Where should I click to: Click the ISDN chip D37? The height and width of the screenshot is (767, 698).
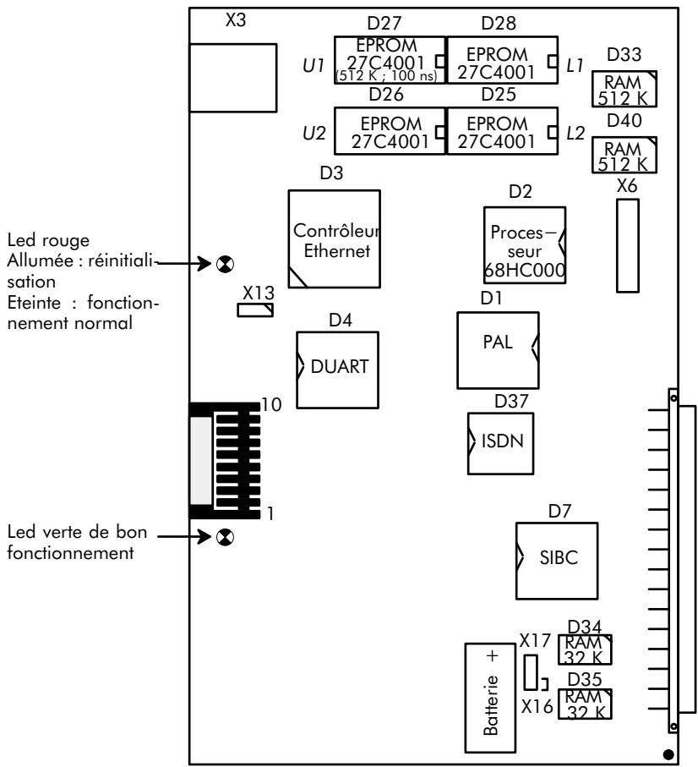pos(501,441)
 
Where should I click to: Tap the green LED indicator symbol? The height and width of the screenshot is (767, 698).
pos(223,537)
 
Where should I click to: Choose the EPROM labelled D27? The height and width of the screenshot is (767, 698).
pos(390,60)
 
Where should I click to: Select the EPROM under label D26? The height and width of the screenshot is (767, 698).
pos(390,131)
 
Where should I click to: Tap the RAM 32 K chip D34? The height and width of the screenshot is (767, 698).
pos(585,649)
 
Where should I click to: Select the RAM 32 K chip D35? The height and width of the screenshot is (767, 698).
pos(585,704)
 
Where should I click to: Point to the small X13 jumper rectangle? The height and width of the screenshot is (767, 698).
pos(254,310)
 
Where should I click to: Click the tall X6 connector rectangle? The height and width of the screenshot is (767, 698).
pos(626,246)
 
